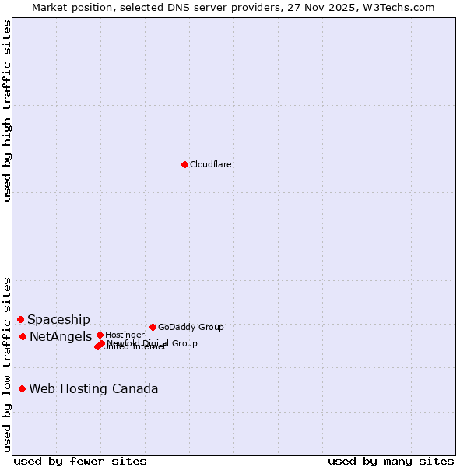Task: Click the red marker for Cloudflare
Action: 184,164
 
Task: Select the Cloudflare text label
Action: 211,164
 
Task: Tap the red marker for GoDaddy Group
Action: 153,327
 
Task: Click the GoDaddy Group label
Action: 191,327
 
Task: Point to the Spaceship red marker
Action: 21,319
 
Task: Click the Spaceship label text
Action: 58,319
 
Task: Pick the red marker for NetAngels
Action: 23,336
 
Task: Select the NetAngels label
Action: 61,336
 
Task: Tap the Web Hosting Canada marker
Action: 23,388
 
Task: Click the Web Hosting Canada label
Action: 93,388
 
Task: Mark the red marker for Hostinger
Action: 100,335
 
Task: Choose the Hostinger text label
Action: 125,335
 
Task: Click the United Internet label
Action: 137,347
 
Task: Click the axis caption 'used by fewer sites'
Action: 80,461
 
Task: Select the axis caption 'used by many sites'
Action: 391,461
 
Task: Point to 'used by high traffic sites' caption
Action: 7,110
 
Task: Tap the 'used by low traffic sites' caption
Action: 7,363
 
